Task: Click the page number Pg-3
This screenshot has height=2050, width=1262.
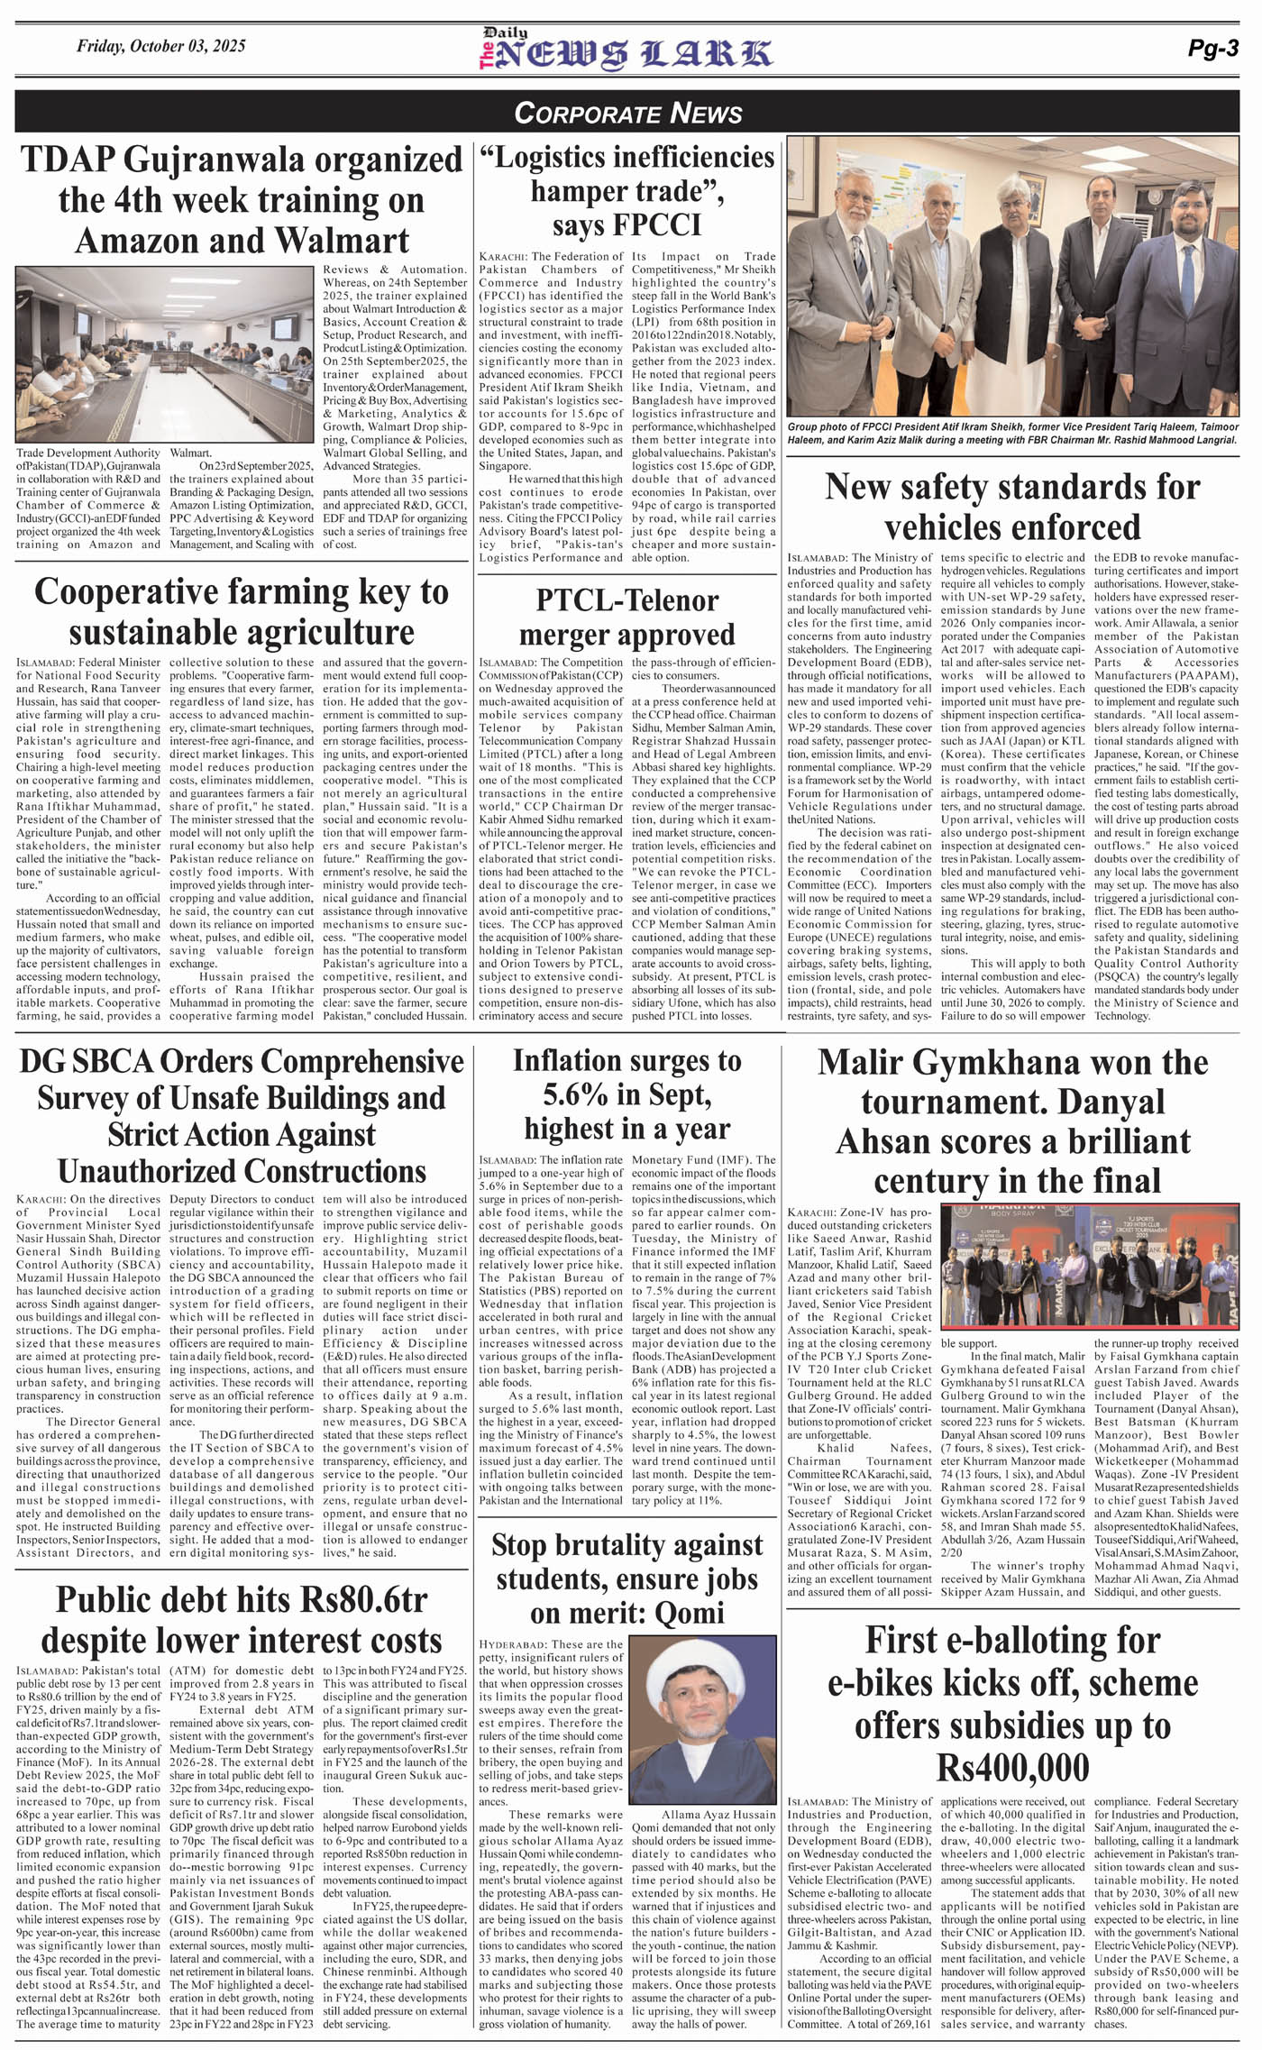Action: [x=1213, y=50]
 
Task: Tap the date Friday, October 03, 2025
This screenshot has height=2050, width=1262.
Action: [x=160, y=46]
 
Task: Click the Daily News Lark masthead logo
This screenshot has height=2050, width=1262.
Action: [x=625, y=50]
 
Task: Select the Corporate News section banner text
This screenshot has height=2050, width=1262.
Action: [x=627, y=113]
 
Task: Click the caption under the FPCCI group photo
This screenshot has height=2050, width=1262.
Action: [x=1011, y=434]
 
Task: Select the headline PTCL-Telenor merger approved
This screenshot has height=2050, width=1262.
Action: [x=626, y=617]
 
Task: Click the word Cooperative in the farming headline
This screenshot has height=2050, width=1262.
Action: [x=126, y=592]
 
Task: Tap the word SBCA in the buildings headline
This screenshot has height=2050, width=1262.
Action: [x=114, y=1061]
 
